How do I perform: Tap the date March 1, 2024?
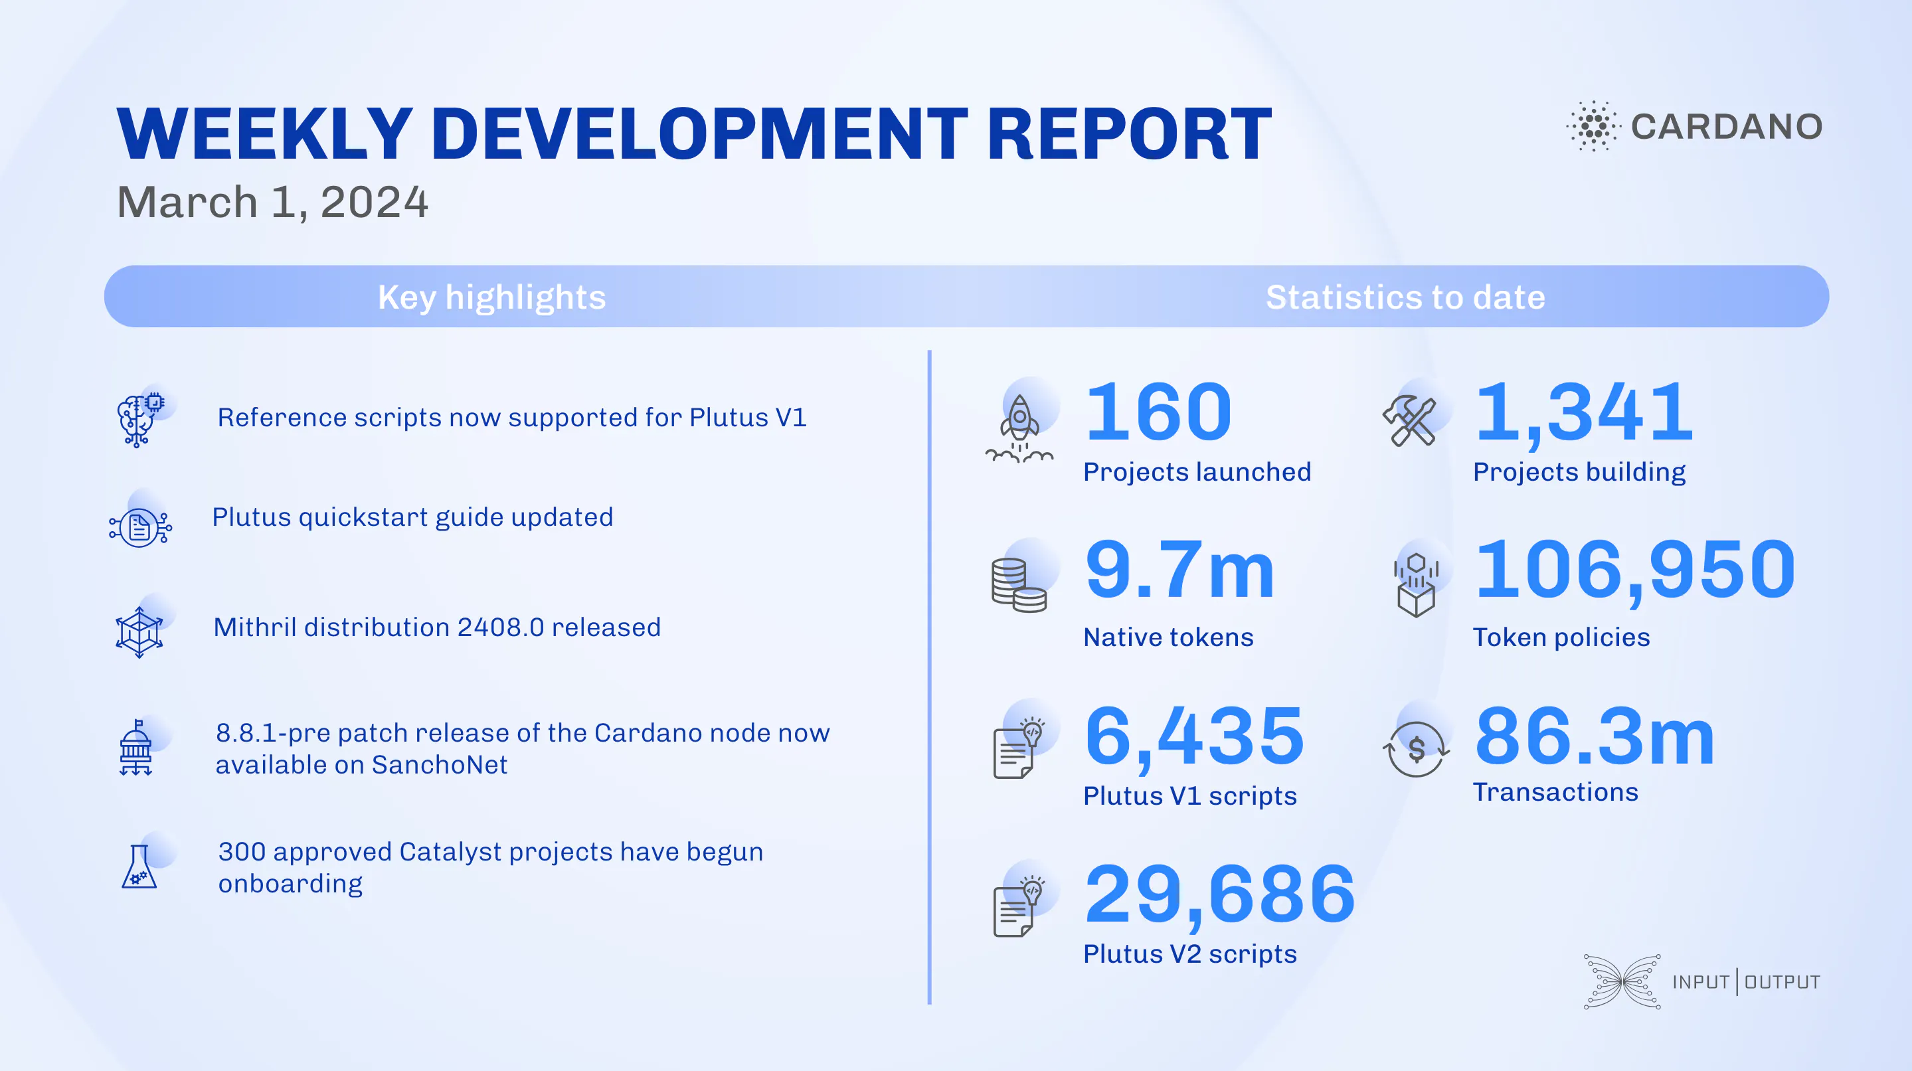pyautogui.click(x=272, y=202)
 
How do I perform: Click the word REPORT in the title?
pyautogui.click(x=1129, y=134)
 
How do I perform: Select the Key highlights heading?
pyautogui.click(x=491, y=297)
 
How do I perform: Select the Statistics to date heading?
pyautogui.click(x=1405, y=297)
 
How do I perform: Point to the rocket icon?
pyautogui.click(x=1020, y=429)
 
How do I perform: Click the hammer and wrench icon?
pyautogui.click(x=1409, y=421)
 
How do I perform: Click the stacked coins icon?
pyautogui.click(x=1018, y=585)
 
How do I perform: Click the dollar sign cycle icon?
pyautogui.click(x=1415, y=749)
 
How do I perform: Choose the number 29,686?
pyautogui.click(x=1219, y=895)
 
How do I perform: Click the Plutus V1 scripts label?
pyautogui.click(x=1189, y=795)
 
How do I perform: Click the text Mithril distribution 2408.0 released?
pyautogui.click(x=436, y=627)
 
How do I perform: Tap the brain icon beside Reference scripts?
pyautogui.click(x=138, y=420)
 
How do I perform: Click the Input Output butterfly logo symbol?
pyautogui.click(x=1622, y=981)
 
